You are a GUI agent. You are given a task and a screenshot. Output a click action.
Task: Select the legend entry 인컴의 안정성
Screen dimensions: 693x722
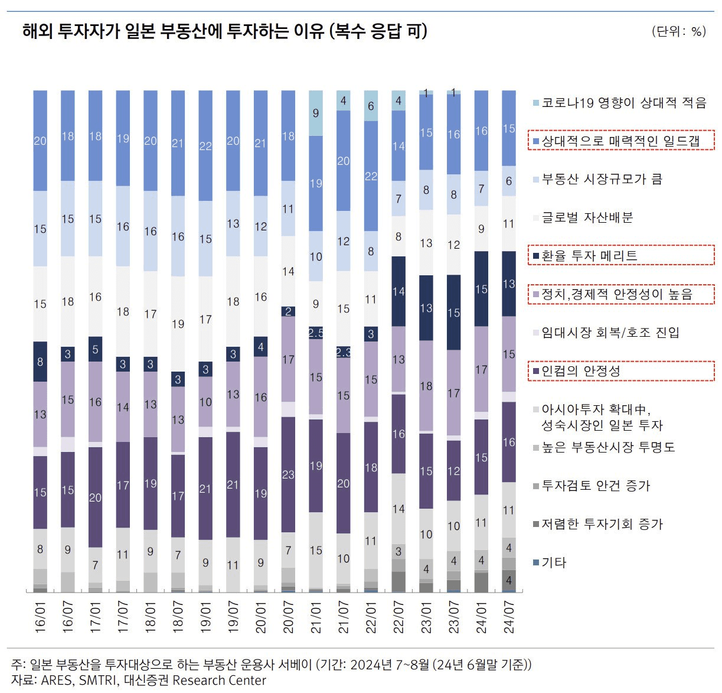(581, 371)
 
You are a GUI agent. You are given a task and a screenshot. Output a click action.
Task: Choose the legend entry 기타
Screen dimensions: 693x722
(554, 562)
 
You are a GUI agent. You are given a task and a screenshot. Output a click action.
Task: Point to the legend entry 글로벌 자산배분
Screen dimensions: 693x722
(587, 217)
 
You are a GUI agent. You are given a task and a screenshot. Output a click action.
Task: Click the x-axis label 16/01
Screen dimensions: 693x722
(40, 618)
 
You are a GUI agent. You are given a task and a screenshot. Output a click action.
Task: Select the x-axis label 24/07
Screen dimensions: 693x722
(509, 618)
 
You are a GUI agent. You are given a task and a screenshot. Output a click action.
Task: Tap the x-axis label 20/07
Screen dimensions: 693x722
(288, 618)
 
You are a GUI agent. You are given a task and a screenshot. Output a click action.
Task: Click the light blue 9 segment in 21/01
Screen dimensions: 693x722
(316, 113)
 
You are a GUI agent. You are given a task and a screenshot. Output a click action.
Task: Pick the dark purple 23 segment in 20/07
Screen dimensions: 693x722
(288, 474)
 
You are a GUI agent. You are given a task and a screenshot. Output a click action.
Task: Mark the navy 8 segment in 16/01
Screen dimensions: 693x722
(40, 361)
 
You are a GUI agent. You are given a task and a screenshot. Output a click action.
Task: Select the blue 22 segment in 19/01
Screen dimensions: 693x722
(205, 145)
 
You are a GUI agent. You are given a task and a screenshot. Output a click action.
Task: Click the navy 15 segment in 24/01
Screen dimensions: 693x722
(481, 289)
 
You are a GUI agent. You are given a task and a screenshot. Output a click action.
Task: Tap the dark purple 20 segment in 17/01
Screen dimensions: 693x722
(95, 497)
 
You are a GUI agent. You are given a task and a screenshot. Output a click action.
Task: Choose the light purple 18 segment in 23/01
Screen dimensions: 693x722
(426, 386)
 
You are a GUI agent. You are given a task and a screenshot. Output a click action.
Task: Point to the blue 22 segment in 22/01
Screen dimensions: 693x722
(371, 175)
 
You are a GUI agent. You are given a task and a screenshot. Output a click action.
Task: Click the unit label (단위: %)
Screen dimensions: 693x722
(679, 31)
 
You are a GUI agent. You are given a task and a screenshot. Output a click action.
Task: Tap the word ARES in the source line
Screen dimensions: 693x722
(56, 680)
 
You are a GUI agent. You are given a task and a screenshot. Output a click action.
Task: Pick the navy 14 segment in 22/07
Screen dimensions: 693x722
(398, 291)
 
